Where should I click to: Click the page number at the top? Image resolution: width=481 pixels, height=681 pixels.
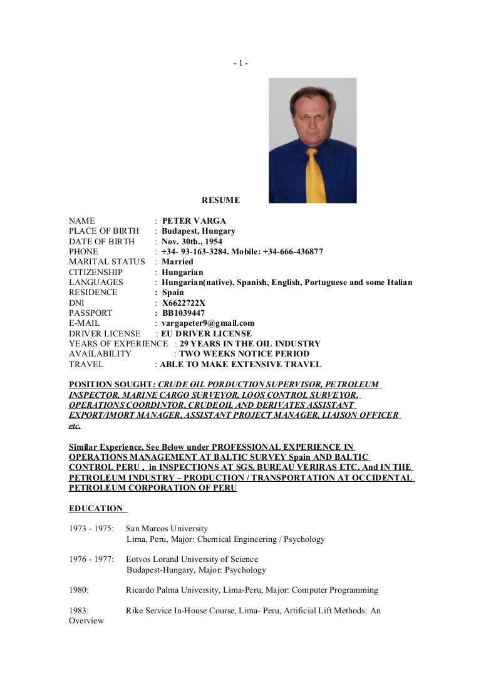tap(240, 63)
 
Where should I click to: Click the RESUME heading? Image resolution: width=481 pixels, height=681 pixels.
tap(220, 200)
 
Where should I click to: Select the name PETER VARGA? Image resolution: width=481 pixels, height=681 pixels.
tap(194, 221)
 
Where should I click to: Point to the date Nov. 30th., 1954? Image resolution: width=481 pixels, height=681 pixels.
tap(192, 241)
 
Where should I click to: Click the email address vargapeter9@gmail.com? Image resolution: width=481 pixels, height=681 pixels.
tap(208, 323)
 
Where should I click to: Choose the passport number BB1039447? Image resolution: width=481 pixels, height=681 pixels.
tap(183, 313)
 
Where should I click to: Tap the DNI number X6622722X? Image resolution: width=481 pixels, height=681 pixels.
tap(184, 303)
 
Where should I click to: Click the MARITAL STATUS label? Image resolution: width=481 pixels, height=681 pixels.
tap(106, 262)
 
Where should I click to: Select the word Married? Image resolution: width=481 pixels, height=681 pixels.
tap(177, 262)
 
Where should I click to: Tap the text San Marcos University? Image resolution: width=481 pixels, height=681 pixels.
tap(167, 529)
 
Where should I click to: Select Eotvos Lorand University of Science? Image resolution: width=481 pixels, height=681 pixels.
tap(192, 559)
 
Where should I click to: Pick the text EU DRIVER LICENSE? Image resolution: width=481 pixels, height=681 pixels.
tap(207, 334)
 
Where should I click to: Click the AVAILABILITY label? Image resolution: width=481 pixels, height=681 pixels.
tap(100, 354)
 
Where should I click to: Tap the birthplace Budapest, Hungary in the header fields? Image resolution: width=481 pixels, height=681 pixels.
tap(198, 231)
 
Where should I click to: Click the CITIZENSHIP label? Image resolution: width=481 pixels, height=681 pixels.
tap(96, 273)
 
